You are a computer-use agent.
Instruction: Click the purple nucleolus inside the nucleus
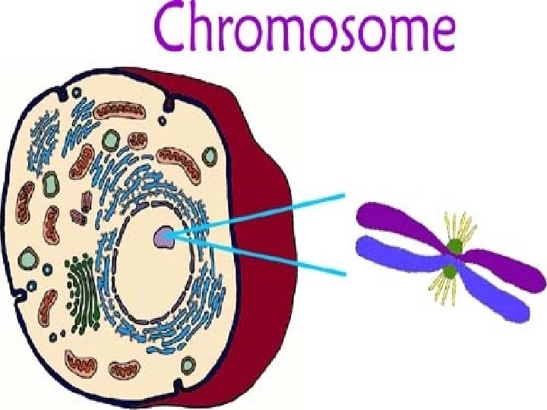tap(163, 238)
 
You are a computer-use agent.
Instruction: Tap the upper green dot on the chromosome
tap(454, 245)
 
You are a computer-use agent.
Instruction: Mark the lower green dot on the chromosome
tap(450, 271)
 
